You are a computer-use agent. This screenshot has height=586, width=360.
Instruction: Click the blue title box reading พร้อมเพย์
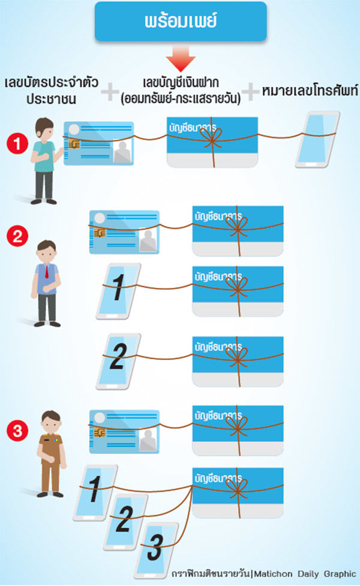tap(181, 22)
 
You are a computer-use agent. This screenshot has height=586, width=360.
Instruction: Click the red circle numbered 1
tap(17, 144)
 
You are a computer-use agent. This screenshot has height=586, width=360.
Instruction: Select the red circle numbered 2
tap(17, 236)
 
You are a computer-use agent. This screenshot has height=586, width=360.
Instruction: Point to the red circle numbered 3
tap(17, 431)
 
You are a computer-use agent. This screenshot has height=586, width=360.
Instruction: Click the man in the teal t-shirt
tap(45, 161)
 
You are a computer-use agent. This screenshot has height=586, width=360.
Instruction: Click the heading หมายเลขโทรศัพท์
tap(310, 91)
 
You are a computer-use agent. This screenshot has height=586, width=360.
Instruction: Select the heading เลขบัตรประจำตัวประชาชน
tap(52, 91)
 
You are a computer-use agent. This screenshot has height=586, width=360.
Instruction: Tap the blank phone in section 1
tap(317, 139)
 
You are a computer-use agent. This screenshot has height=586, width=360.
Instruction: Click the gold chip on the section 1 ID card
tap(74, 144)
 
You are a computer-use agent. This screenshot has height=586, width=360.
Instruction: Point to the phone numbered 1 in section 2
tap(119, 291)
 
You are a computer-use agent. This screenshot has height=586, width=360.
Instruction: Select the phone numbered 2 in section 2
tap(119, 362)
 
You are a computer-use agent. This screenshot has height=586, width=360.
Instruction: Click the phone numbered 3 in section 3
tap(156, 549)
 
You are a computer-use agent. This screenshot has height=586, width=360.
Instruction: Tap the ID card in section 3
tap(124, 431)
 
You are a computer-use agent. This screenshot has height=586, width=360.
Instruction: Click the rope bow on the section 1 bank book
tap(212, 137)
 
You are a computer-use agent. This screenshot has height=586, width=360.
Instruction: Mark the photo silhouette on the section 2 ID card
tap(148, 241)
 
